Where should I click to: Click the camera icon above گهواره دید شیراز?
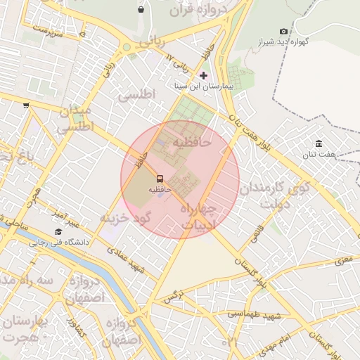coord(283,31)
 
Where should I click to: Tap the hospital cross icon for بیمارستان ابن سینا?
coord(204,75)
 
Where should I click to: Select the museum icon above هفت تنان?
coord(319,143)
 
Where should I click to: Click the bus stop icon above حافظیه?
coord(159,179)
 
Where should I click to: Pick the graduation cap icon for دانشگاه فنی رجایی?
coord(58,231)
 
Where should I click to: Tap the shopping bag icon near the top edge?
coord(141,10)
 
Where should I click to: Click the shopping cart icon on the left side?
coord(26,105)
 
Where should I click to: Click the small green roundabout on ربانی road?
coord(127,49)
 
